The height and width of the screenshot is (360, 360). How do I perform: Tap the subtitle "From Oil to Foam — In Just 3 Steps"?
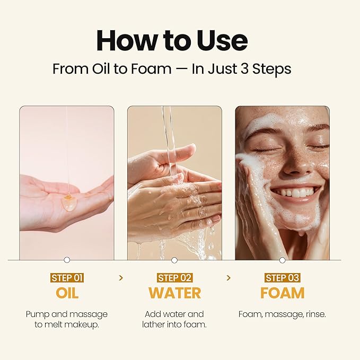pyautogui.click(x=172, y=69)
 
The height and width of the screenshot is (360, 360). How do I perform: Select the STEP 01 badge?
pyautogui.click(x=67, y=278)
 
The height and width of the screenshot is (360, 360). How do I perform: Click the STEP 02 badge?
pyautogui.click(x=174, y=278)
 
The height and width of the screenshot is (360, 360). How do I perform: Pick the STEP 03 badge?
pyautogui.click(x=282, y=278)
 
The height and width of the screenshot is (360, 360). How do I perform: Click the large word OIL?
pyautogui.click(x=67, y=293)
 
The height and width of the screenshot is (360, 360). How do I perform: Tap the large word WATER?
pyautogui.click(x=174, y=293)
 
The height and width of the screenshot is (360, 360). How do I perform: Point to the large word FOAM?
pyautogui.click(x=282, y=293)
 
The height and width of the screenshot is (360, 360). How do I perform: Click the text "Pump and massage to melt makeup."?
pyautogui.click(x=67, y=319)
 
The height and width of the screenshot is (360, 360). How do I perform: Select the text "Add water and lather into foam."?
pyautogui.click(x=174, y=319)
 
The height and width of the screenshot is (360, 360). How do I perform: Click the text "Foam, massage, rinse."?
pyautogui.click(x=282, y=314)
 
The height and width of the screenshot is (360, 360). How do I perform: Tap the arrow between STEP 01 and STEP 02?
pyautogui.click(x=121, y=278)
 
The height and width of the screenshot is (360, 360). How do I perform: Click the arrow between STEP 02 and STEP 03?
pyautogui.click(x=229, y=278)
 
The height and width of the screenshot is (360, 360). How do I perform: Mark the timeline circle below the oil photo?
pyautogui.click(x=67, y=260)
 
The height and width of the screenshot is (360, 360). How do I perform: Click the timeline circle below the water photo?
pyautogui.click(x=174, y=260)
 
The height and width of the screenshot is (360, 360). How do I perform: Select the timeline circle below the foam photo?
pyautogui.click(x=282, y=260)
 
